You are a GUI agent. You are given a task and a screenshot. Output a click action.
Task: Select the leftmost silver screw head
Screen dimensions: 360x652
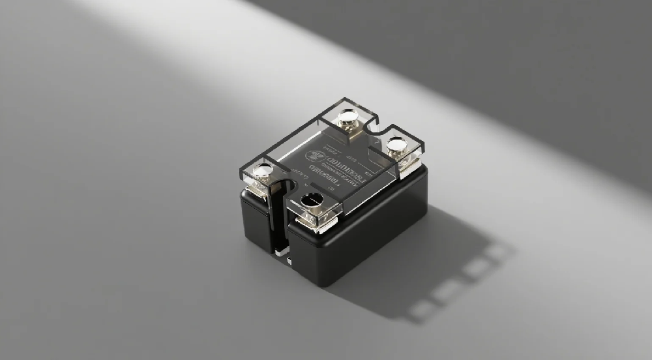pos(262,172)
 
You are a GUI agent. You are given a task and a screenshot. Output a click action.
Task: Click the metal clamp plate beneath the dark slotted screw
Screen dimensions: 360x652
pos(318,222)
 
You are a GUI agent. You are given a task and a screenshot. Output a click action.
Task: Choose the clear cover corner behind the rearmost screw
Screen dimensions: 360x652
pos(344,99)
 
